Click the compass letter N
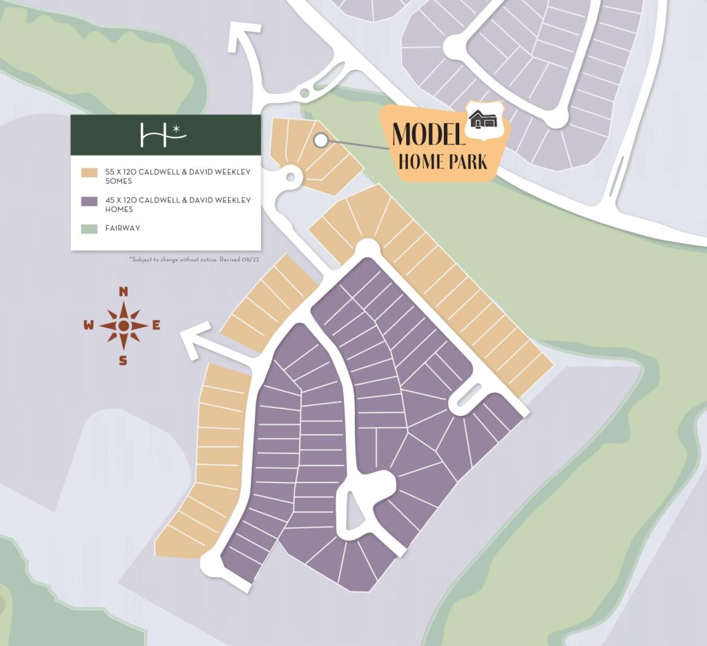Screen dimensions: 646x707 click(x=124, y=291)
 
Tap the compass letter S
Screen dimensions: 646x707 click(x=123, y=360)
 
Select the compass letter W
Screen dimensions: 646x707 click(x=89, y=326)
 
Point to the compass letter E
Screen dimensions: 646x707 click(x=156, y=325)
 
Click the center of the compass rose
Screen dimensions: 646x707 click(x=123, y=325)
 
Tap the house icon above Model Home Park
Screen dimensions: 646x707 click(x=483, y=120)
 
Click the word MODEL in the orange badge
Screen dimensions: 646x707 click(x=427, y=135)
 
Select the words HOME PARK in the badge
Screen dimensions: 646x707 click(x=443, y=162)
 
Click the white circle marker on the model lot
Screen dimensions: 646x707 click(x=320, y=140)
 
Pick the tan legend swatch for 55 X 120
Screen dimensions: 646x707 click(x=88, y=172)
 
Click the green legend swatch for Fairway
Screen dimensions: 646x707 click(x=88, y=228)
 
